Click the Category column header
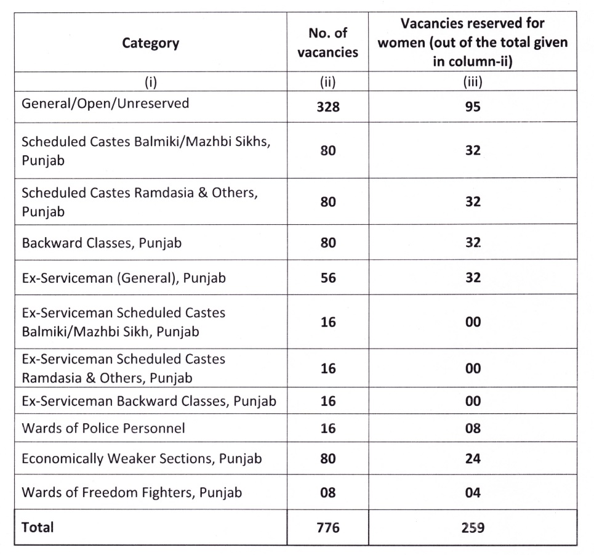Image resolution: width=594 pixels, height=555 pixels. (x=151, y=43)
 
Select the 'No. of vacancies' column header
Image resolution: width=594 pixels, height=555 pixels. (x=327, y=43)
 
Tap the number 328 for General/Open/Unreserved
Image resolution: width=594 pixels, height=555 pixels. (x=327, y=107)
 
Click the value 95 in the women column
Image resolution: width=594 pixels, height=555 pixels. (x=473, y=107)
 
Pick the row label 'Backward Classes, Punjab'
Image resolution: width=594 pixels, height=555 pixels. (x=102, y=243)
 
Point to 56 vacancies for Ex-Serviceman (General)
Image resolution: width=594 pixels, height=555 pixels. (x=327, y=278)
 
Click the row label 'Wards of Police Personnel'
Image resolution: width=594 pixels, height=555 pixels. (x=103, y=428)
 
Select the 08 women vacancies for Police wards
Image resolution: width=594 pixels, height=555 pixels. (x=473, y=428)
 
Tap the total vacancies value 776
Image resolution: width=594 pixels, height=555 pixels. (x=327, y=528)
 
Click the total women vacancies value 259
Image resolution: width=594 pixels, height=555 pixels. (x=473, y=528)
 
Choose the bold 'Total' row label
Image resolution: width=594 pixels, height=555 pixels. (x=38, y=527)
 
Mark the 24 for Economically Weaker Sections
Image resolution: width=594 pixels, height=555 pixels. (x=473, y=459)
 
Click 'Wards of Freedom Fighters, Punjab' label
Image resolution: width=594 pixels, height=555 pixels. (x=132, y=493)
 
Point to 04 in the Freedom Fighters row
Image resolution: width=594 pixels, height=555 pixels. (x=473, y=493)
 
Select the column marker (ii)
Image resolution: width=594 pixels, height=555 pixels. (x=327, y=81)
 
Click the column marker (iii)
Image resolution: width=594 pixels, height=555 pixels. (x=473, y=81)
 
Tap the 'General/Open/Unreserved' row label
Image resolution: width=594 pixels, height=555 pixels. (x=105, y=103)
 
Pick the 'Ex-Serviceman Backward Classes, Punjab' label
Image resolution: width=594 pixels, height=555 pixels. (x=149, y=402)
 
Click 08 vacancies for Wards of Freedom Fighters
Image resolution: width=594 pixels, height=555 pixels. (x=327, y=493)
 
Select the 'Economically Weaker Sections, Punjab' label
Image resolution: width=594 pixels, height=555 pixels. (x=142, y=459)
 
